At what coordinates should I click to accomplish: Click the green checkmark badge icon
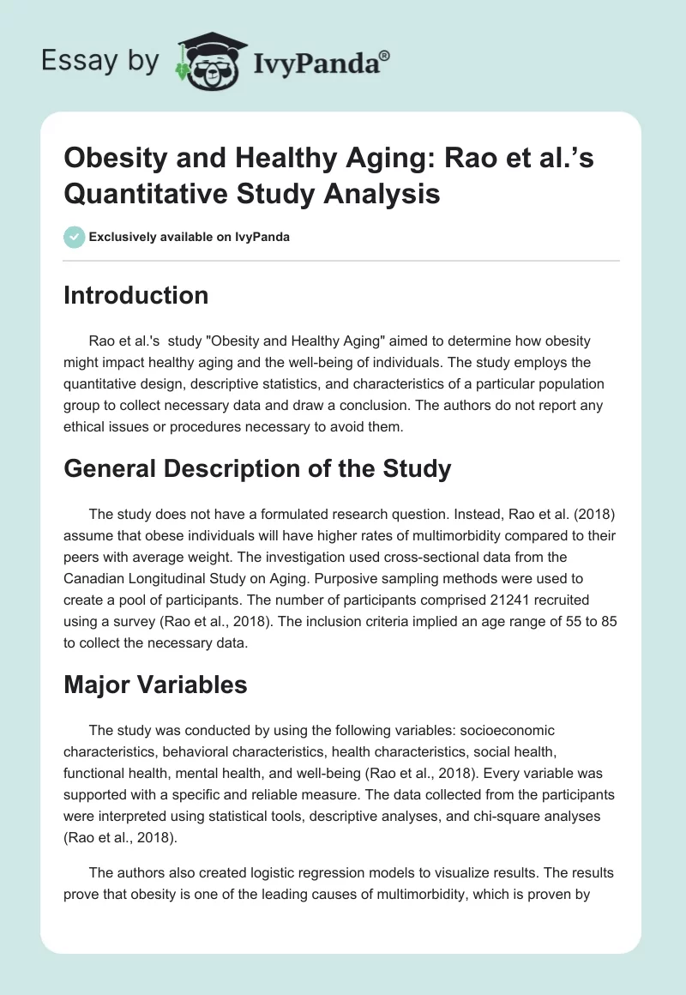(74, 237)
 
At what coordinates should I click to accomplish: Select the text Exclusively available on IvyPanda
(190, 237)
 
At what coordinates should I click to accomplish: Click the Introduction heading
(135, 295)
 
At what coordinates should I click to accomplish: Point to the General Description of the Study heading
(257, 468)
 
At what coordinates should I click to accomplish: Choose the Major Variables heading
(155, 684)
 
